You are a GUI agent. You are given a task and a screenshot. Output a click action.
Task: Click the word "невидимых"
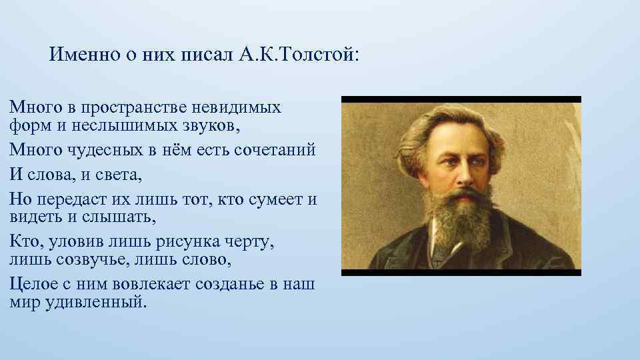tap(237, 107)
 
